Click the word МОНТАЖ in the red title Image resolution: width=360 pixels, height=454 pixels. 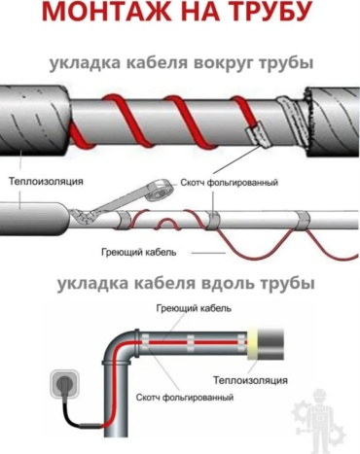pos(106,11)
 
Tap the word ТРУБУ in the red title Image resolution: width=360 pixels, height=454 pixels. pos(268,11)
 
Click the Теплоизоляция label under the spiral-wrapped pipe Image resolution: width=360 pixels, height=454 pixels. pos(46,181)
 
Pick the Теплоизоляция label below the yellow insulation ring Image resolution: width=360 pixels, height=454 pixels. pos(250,380)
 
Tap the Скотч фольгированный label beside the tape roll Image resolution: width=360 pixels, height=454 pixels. pos(230,183)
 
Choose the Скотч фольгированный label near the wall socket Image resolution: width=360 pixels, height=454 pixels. pos(185,397)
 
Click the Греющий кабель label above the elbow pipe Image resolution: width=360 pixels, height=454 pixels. pos(194,308)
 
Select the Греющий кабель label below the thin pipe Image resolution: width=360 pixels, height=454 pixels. pos(139,252)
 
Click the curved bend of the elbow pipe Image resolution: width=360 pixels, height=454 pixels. pos(123,346)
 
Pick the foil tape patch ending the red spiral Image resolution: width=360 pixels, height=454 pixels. pos(257,134)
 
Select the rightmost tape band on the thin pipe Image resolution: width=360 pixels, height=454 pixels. pos(302,220)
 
